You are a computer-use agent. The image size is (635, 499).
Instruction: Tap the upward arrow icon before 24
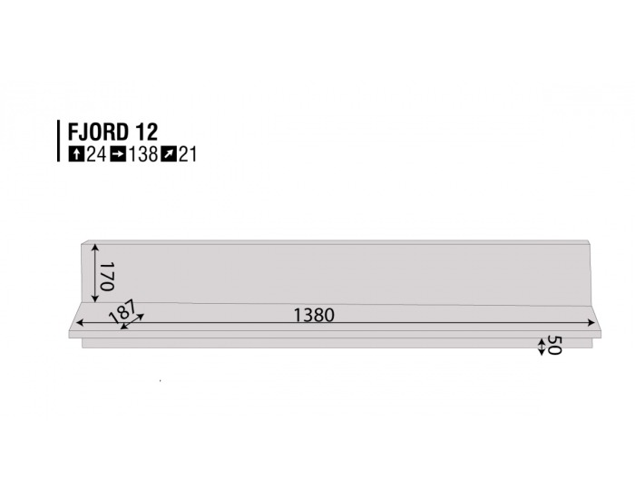[76, 154]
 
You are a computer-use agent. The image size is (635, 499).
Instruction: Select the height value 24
[95, 154]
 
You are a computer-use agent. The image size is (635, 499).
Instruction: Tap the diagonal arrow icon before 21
[168, 154]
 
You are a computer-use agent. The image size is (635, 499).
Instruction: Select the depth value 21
[187, 154]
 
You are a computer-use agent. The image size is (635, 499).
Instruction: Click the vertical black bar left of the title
[58, 142]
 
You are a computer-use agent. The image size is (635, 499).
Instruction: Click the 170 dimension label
[106, 276]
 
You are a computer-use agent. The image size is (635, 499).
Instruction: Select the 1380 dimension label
[314, 316]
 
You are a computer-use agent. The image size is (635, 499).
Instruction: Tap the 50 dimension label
[554, 346]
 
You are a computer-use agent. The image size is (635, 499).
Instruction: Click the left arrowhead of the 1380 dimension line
[80, 322]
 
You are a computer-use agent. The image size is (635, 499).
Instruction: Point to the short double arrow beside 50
[542, 346]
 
